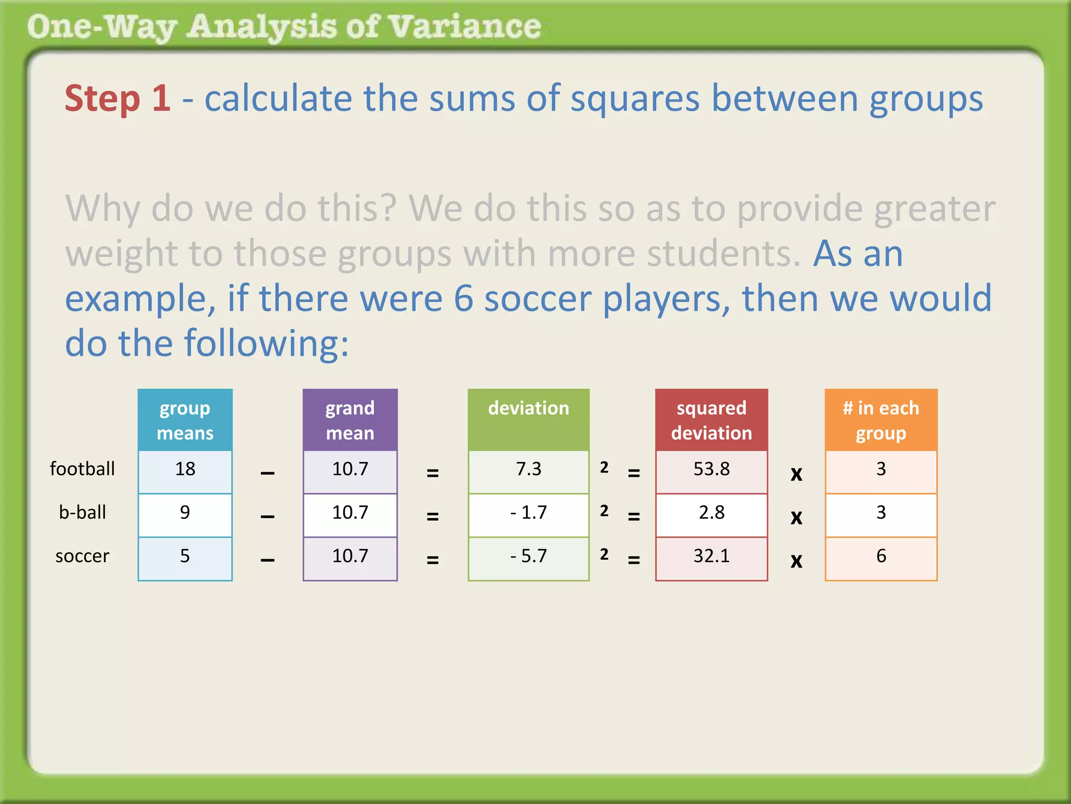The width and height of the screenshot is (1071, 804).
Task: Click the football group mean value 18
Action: click(x=185, y=469)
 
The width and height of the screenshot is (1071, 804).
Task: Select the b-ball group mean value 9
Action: click(x=185, y=512)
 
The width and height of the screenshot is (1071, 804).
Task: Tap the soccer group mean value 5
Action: click(x=185, y=556)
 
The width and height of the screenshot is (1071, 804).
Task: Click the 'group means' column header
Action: click(x=185, y=420)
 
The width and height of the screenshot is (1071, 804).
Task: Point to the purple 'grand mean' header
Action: click(x=350, y=420)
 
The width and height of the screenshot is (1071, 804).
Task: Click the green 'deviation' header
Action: click(x=528, y=408)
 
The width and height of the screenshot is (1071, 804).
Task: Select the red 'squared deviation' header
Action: click(x=711, y=420)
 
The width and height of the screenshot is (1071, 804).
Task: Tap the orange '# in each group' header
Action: click(x=881, y=420)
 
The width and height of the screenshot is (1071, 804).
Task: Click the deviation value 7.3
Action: click(x=528, y=469)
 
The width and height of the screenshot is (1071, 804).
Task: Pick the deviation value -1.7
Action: click(x=528, y=512)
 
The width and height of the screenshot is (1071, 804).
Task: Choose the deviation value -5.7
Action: click(x=528, y=556)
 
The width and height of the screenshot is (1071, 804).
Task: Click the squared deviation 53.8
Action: click(x=711, y=469)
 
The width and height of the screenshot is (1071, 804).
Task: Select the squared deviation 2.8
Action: click(x=711, y=512)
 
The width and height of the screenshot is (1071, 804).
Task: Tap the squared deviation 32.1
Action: click(x=711, y=556)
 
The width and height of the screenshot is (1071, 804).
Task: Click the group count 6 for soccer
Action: click(x=881, y=556)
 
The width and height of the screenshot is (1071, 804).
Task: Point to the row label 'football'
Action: click(x=82, y=469)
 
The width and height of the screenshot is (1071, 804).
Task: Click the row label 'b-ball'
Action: click(x=82, y=512)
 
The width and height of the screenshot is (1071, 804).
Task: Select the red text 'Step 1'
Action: click(x=118, y=98)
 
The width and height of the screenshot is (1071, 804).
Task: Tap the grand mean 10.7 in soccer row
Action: click(x=350, y=556)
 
